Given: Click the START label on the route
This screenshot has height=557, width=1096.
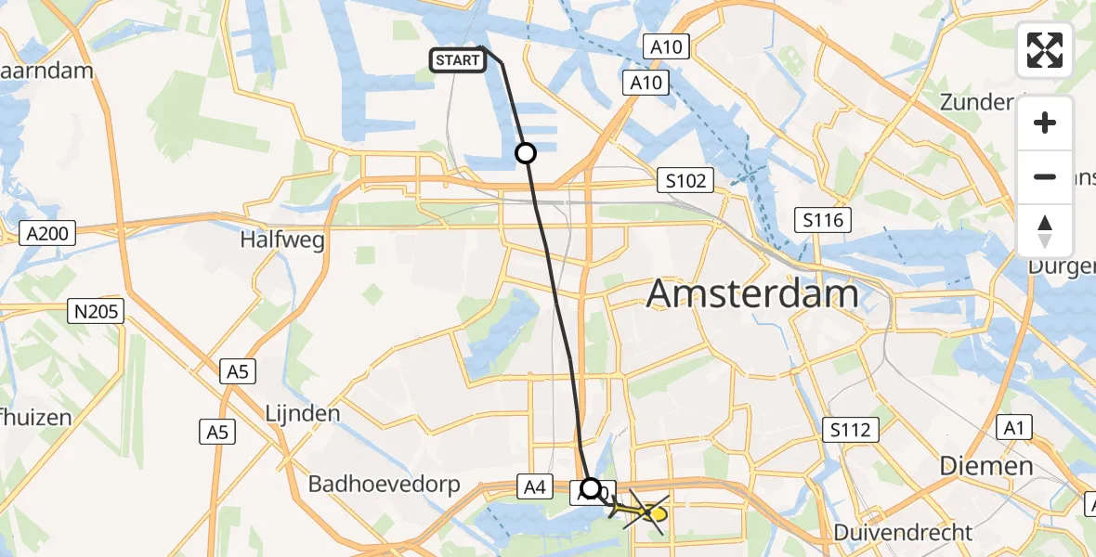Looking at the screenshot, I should pyautogui.click(x=458, y=61).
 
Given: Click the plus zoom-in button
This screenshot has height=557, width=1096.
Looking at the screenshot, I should pyautogui.click(x=1045, y=123).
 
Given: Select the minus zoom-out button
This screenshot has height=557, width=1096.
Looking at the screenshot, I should pyautogui.click(x=1045, y=176).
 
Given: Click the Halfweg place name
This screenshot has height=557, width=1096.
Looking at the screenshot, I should pyautogui.click(x=282, y=240).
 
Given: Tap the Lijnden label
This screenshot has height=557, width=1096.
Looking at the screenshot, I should pyautogui.click(x=303, y=413).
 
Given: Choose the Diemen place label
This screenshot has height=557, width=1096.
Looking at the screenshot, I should pyautogui.click(x=986, y=465).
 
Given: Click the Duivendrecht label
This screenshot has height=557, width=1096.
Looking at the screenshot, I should pyautogui.click(x=903, y=533).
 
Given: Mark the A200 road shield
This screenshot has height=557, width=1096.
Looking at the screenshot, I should pyautogui.click(x=47, y=234).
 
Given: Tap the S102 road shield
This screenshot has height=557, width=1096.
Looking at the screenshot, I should pyautogui.click(x=685, y=180).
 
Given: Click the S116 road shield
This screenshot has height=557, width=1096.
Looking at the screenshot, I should pyautogui.click(x=824, y=220).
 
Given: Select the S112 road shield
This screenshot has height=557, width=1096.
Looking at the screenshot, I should pyautogui.click(x=851, y=429).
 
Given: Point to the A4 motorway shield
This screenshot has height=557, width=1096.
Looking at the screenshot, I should pyautogui.click(x=533, y=486).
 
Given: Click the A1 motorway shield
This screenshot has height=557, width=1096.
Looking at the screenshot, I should pyautogui.click(x=1011, y=428).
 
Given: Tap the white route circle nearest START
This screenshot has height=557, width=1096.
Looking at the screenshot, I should pyautogui.click(x=526, y=153).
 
